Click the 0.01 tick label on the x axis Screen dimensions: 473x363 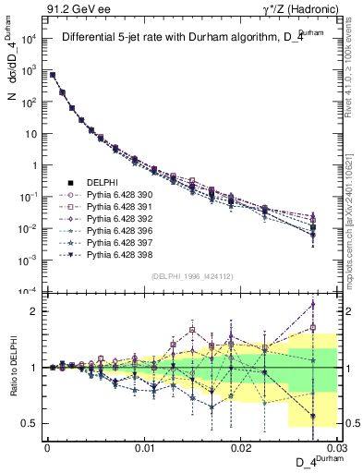(144, 447)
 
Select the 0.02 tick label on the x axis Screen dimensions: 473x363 (240, 447)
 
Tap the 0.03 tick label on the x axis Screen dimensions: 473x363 (334, 447)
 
